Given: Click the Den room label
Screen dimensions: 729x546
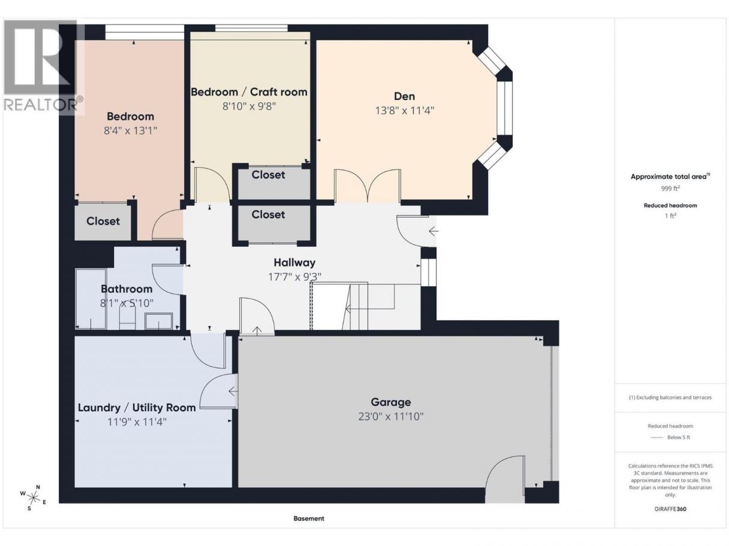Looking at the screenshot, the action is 404,96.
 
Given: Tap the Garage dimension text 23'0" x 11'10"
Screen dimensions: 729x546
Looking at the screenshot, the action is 390,416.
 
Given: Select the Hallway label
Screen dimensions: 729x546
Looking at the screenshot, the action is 294,263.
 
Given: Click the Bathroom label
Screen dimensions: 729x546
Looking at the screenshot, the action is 126,289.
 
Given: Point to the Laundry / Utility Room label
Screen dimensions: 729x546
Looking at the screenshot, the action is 137,408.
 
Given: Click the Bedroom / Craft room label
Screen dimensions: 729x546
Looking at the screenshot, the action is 249,92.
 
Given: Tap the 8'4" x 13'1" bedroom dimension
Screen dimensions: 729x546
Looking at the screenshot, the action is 130,131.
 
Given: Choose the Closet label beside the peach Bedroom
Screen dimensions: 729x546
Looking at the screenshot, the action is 103,221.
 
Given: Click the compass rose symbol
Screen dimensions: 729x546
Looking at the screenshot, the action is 33,498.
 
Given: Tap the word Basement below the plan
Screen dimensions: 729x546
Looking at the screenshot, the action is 309,518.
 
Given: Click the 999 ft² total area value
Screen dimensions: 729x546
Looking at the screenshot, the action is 670,189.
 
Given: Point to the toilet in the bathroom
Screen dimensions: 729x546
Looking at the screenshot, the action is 127,316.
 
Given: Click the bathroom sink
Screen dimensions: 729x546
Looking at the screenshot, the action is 158,321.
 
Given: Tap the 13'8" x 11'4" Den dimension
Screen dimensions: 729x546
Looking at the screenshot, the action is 405,110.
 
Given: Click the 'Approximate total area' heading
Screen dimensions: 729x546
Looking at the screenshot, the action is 670,177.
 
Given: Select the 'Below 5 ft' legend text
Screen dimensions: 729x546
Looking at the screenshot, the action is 679,437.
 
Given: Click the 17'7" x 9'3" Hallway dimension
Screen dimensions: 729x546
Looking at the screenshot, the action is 294,277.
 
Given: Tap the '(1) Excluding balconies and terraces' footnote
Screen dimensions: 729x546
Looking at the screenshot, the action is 670,398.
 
